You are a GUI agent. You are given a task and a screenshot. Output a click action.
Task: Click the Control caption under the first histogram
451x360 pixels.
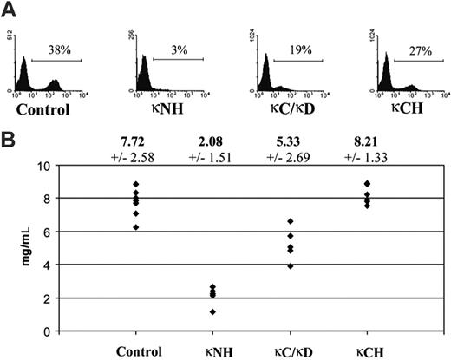pyautogui.click(x=49, y=113)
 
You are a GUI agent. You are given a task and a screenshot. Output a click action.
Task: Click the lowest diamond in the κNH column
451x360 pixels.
pyautogui.click(x=212, y=311)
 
